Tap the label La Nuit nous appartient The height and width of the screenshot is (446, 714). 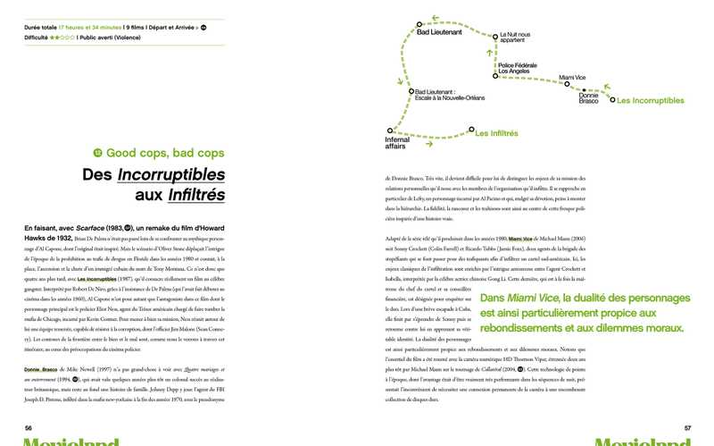(515, 38)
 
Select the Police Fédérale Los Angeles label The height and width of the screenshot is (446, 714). (517, 68)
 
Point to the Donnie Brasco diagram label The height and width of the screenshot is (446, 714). (589, 97)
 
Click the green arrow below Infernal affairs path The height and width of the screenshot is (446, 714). (430, 144)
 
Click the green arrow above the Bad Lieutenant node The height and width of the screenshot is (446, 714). (435, 17)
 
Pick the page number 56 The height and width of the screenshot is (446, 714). (29, 428)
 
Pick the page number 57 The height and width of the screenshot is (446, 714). (687, 428)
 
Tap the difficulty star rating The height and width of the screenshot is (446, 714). (62, 38)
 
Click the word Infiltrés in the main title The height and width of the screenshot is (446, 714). (195, 194)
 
